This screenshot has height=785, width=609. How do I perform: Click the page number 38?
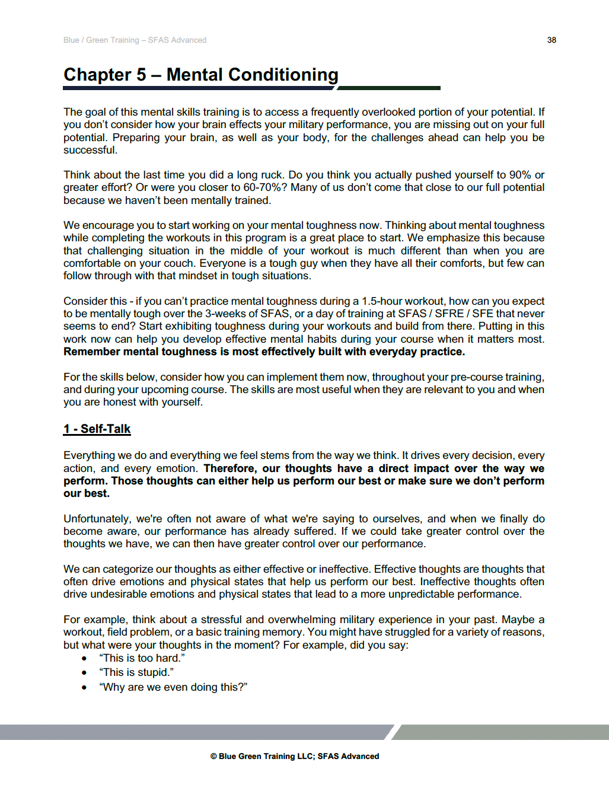pyautogui.click(x=551, y=40)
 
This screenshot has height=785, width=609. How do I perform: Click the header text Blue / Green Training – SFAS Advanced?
pyautogui.click(x=135, y=40)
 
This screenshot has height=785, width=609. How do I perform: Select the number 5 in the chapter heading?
pyautogui.click(x=141, y=75)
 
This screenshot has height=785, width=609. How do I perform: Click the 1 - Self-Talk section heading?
pyautogui.click(x=97, y=429)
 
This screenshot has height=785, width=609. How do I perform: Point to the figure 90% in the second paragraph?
pyautogui.click(x=519, y=175)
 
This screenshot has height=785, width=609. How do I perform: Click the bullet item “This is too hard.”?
pyautogui.click(x=142, y=658)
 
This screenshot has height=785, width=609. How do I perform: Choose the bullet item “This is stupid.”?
pyautogui.click(x=136, y=672)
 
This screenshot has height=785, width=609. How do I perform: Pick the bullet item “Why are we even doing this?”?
pyautogui.click(x=173, y=687)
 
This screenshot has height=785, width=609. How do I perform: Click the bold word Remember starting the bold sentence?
pyautogui.click(x=91, y=352)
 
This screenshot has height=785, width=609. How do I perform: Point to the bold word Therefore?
pyautogui.click(x=230, y=468)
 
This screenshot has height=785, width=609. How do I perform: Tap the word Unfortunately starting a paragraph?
pyautogui.click(x=97, y=519)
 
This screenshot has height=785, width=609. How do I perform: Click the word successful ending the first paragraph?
pyautogui.click(x=90, y=150)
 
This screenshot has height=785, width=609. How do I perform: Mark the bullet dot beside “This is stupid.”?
pyautogui.click(x=84, y=672)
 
